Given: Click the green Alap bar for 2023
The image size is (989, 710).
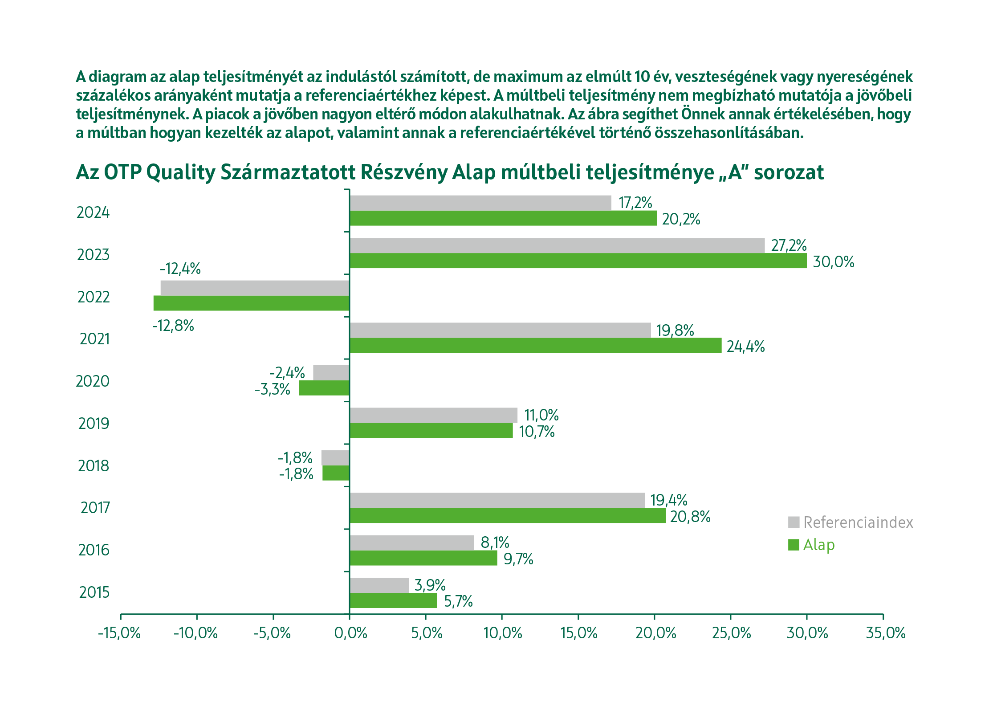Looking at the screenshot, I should click(578, 261).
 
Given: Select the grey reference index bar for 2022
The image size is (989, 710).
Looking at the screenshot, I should click(255, 288).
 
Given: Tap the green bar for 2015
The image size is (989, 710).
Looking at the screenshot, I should click(393, 601).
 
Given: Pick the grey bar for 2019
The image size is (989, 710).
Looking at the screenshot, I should click(433, 415).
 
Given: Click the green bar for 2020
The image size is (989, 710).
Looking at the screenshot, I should click(324, 388).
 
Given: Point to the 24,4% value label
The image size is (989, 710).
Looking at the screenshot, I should click(745, 347).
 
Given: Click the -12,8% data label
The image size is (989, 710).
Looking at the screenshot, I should click(173, 326).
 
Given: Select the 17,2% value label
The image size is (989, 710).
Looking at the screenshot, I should click(635, 203).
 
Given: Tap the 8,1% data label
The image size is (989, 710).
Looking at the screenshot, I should click(495, 543).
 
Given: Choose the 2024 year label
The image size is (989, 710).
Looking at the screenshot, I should click(93, 213).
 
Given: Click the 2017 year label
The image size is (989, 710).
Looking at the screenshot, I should click(95, 508).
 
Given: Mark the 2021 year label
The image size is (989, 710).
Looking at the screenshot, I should click(94, 339).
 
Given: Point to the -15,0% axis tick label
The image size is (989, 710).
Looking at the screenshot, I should click(119, 633).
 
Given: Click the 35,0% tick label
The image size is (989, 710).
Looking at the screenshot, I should click(886, 633).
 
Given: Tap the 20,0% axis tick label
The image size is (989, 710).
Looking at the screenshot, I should click(655, 633).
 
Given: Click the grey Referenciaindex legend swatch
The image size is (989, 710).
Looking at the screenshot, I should click(794, 522).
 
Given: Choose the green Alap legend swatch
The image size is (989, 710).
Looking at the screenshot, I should click(794, 545).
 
